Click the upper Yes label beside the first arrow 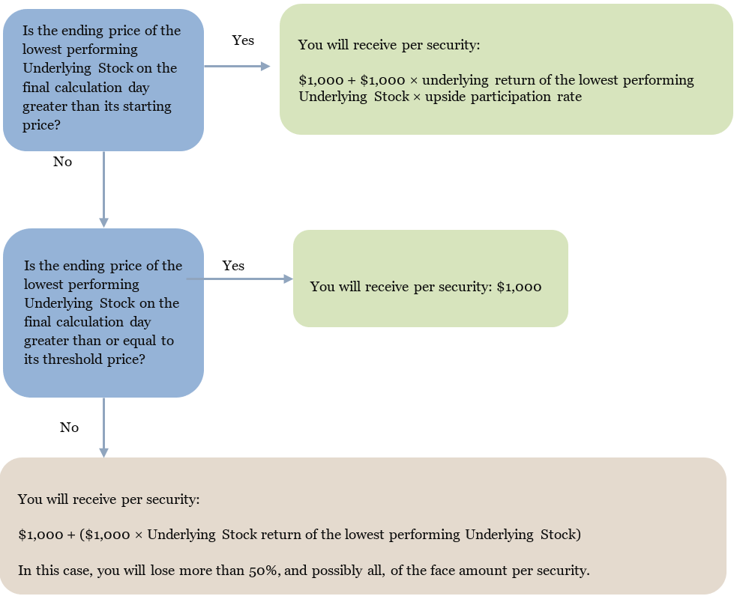(x=243, y=40)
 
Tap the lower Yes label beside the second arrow (x=233, y=266)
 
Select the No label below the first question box (x=62, y=162)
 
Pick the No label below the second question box (x=69, y=428)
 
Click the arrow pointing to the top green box (x=237, y=67)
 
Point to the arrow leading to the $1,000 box (x=240, y=279)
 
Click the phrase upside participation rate (x=503, y=97)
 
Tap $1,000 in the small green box (x=519, y=287)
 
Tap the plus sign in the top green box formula (x=352, y=80)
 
